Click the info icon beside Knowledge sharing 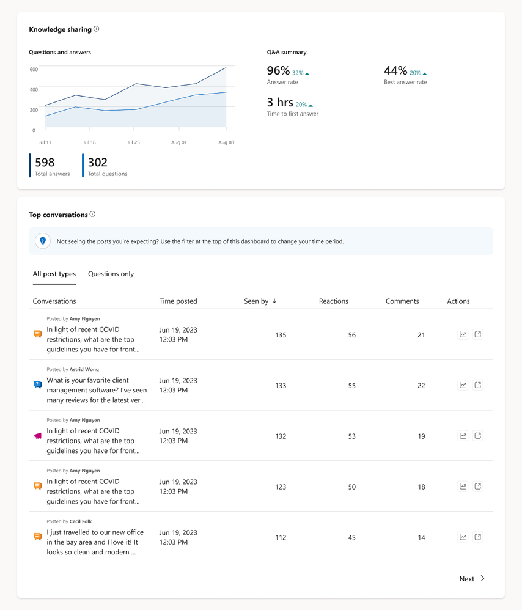coord(97,29)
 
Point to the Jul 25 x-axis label coord(133,142)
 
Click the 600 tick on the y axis coord(34,69)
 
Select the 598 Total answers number coord(45,162)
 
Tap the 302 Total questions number coord(98,162)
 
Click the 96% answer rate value coord(279,71)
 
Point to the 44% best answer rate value coord(395,71)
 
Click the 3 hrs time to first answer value coord(280,103)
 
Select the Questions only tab coord(111,274)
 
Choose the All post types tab coord(54,274)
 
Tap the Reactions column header coord(334,301)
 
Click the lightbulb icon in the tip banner coord(43,241)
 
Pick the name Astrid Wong coord(84,370)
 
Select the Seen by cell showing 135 coord(281,335)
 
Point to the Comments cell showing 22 coord(421,386)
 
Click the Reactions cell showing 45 coord(351,538)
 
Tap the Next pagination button coord(472,579)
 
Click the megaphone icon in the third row coord(38,436)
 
